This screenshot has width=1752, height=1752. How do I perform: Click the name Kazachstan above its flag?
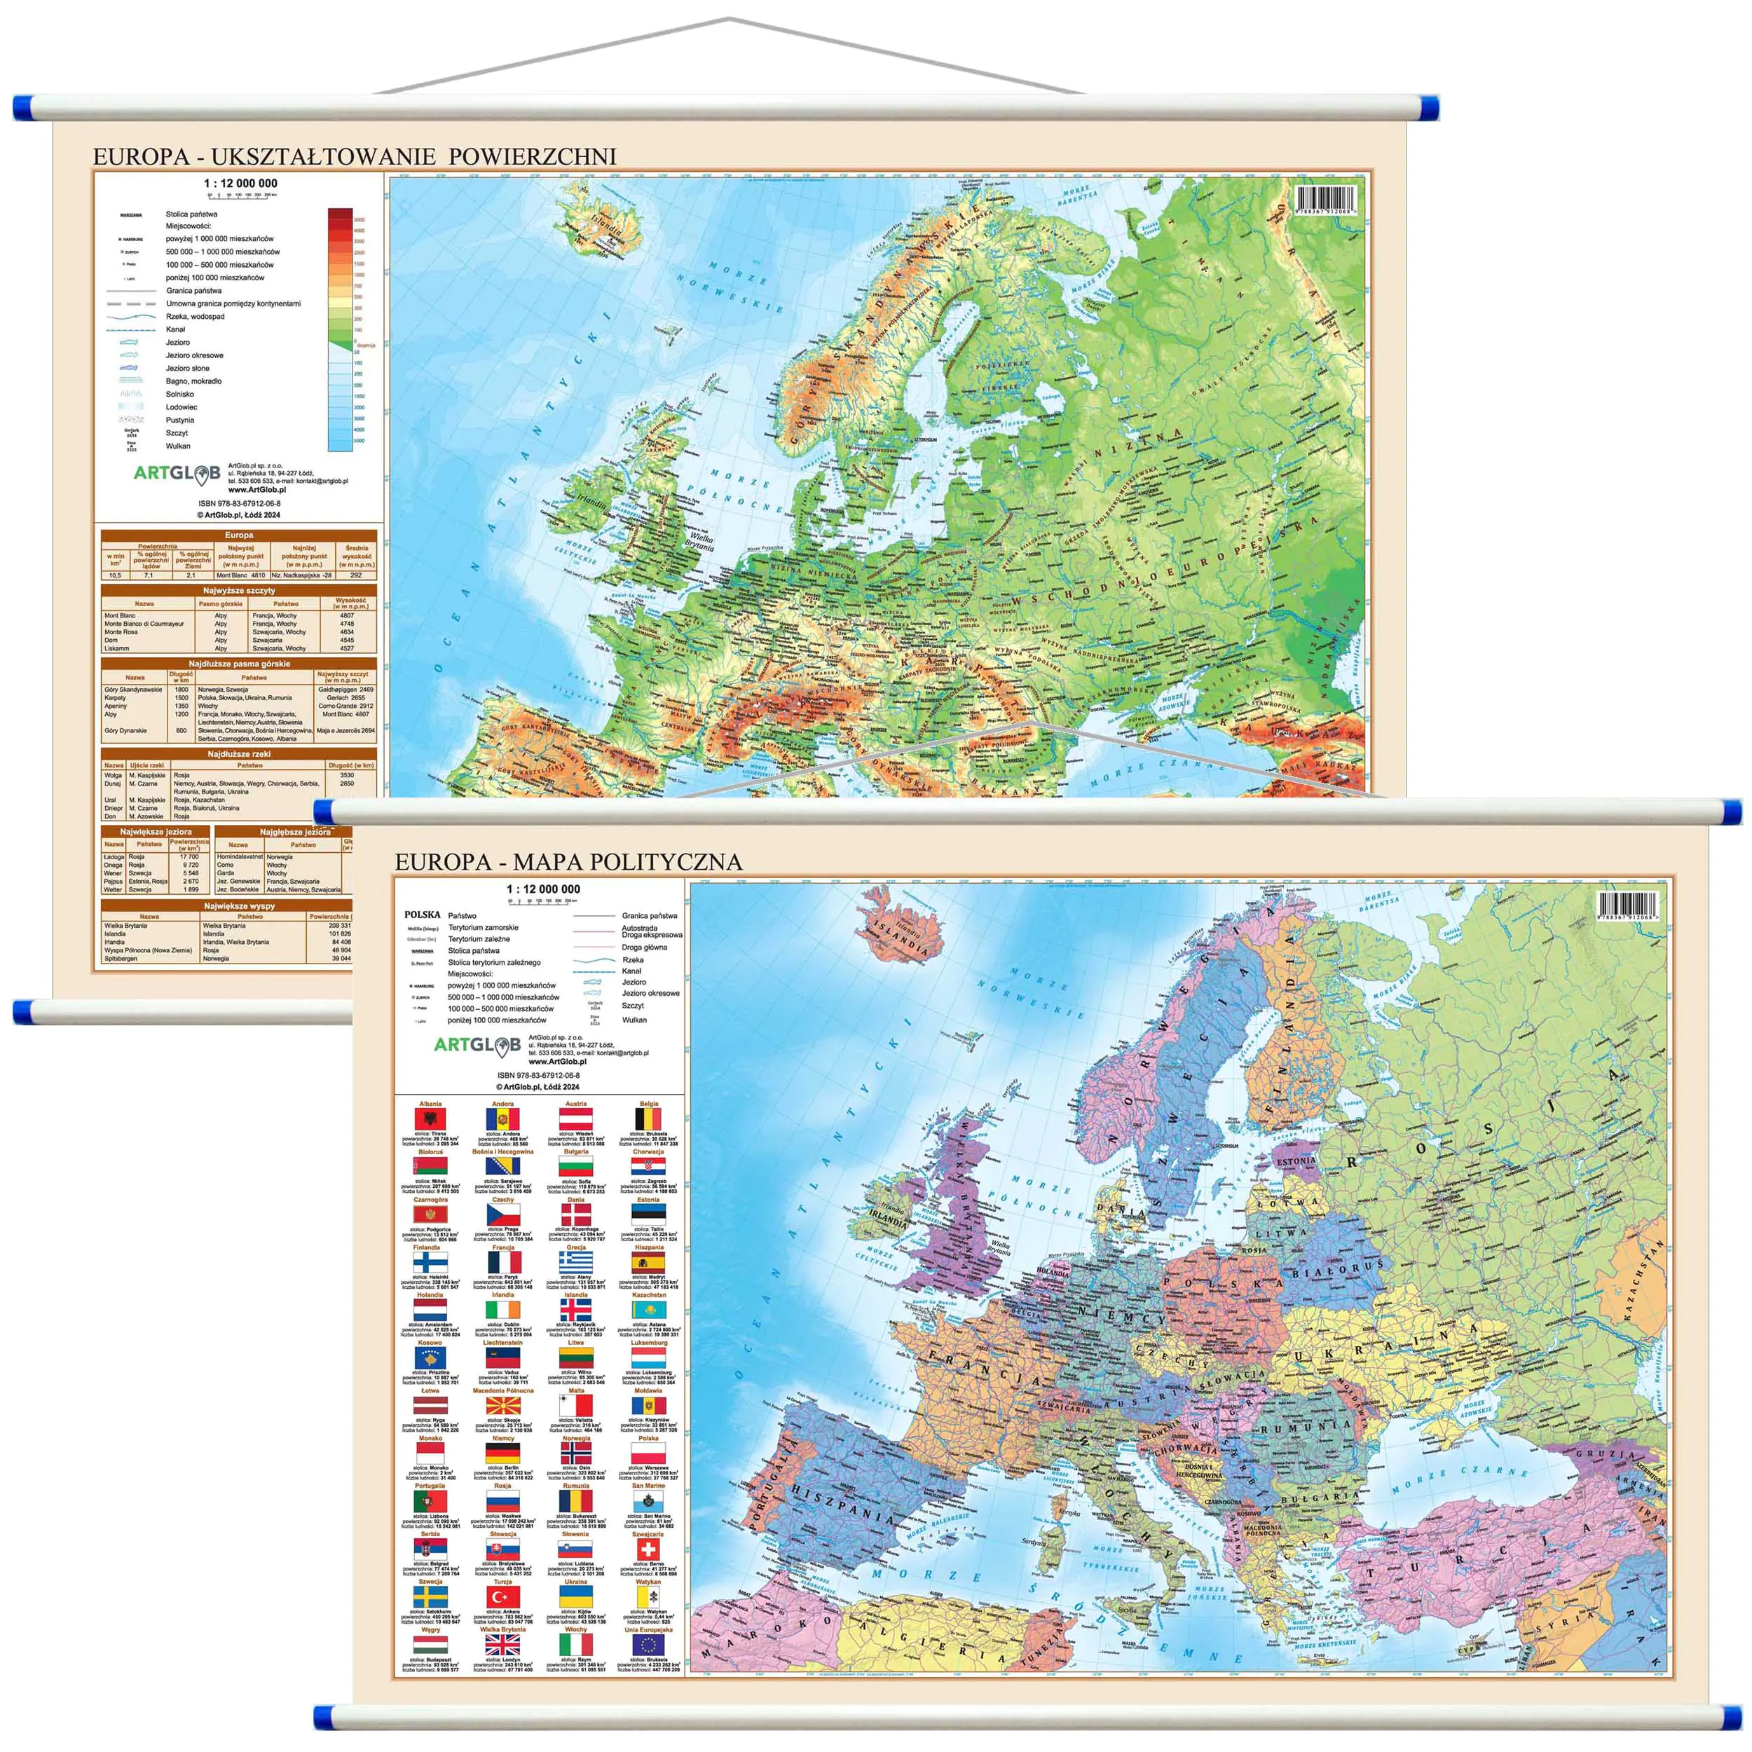(648, 1295)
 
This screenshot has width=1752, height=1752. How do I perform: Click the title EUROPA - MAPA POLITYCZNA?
(568, 861)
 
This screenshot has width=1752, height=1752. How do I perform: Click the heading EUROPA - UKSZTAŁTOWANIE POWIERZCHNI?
(355, 156)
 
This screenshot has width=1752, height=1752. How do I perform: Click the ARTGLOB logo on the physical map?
(177, 472)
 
